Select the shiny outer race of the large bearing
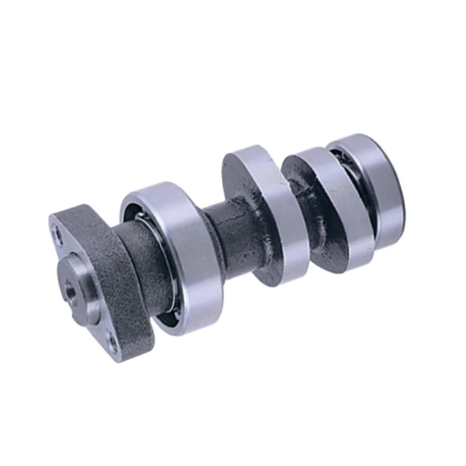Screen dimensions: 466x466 tap(186, 261)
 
